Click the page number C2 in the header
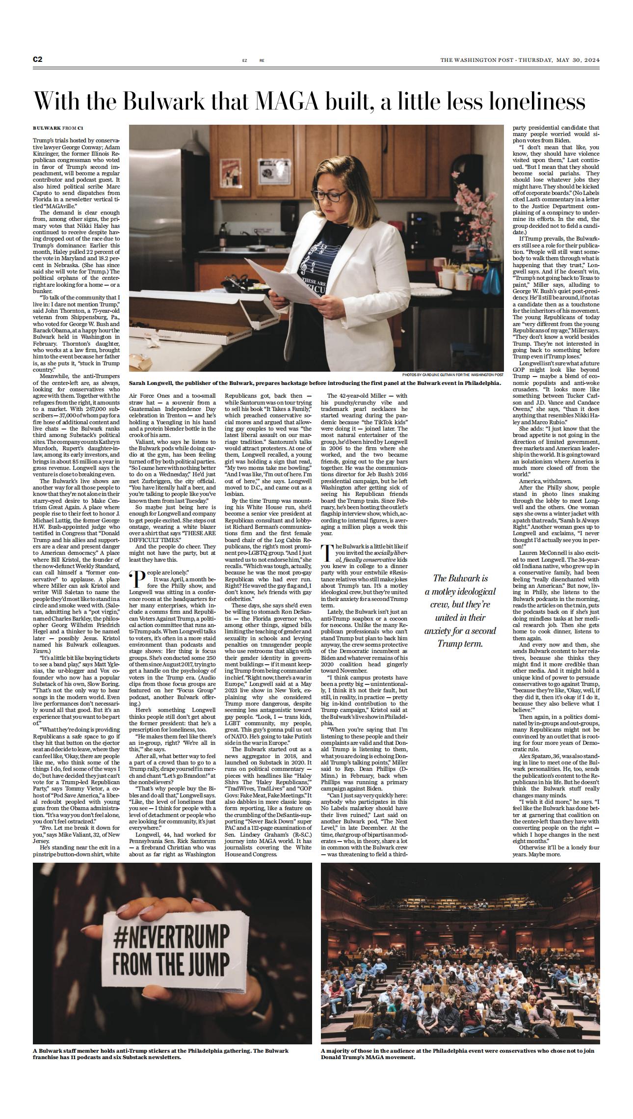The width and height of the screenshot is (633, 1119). click(38, 60)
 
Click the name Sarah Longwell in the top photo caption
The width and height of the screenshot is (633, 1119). click(153, 383)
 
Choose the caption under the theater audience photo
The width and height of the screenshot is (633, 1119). click(454, 1054)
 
